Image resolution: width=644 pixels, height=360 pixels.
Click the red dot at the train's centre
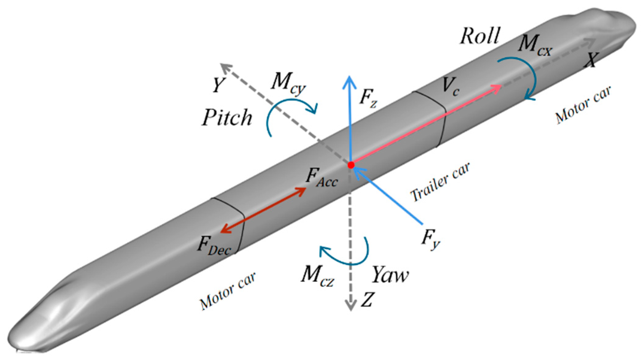(351, 165)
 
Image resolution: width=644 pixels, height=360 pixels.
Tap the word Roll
(480, 36)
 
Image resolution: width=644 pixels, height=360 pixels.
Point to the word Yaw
(390, 274)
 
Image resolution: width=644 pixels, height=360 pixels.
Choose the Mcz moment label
(317, 276)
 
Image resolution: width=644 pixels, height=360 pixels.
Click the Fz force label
(368, 98)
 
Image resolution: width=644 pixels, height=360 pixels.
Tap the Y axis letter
(218, 85)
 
